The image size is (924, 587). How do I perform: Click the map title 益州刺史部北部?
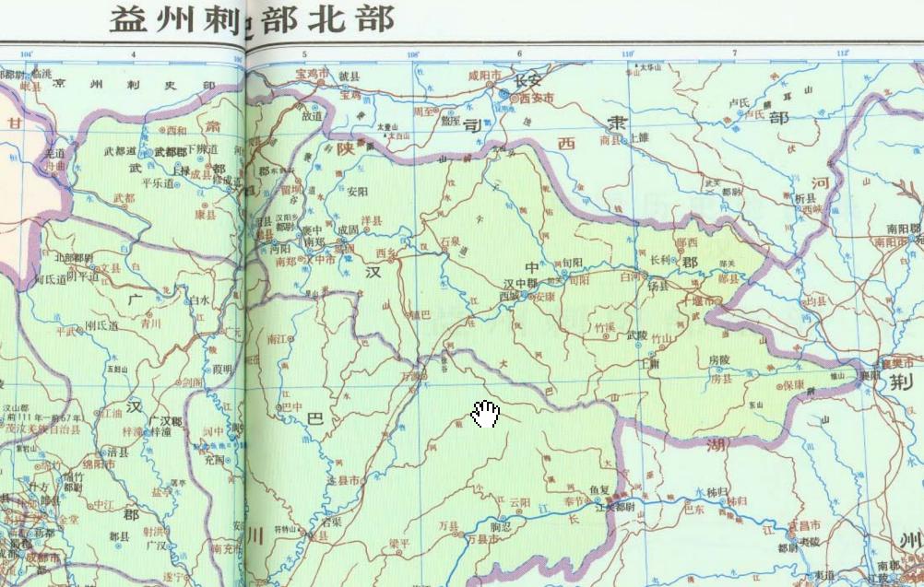[252, 18]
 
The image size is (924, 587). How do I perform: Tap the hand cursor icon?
[485, 415]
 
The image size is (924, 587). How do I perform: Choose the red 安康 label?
[546, 297]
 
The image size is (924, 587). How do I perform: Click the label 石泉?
[450, 241]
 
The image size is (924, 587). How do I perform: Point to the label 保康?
[796, 385]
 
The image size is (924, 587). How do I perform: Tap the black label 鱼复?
[599, 488]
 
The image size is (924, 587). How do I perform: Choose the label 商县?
[610, 141]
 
